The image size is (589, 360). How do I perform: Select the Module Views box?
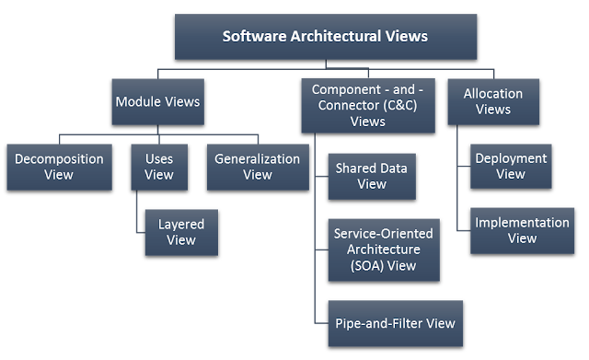[x=158, y=101]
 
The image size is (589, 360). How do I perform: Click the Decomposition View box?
[x=58, y=166]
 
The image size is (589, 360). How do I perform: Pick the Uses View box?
[x=158, y=166]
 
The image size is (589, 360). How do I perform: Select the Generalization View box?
[x=257, y=166]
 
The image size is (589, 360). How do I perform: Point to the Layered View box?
[x=181, y=232]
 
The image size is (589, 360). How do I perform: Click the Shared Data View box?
[x=372, y=176]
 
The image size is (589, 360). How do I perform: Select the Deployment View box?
[x=510, y=166]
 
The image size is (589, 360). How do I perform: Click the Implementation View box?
[x=521, y=230]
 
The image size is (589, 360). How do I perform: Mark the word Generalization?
[x=257, y=158]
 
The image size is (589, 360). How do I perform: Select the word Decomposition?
[x=58, y=158]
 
